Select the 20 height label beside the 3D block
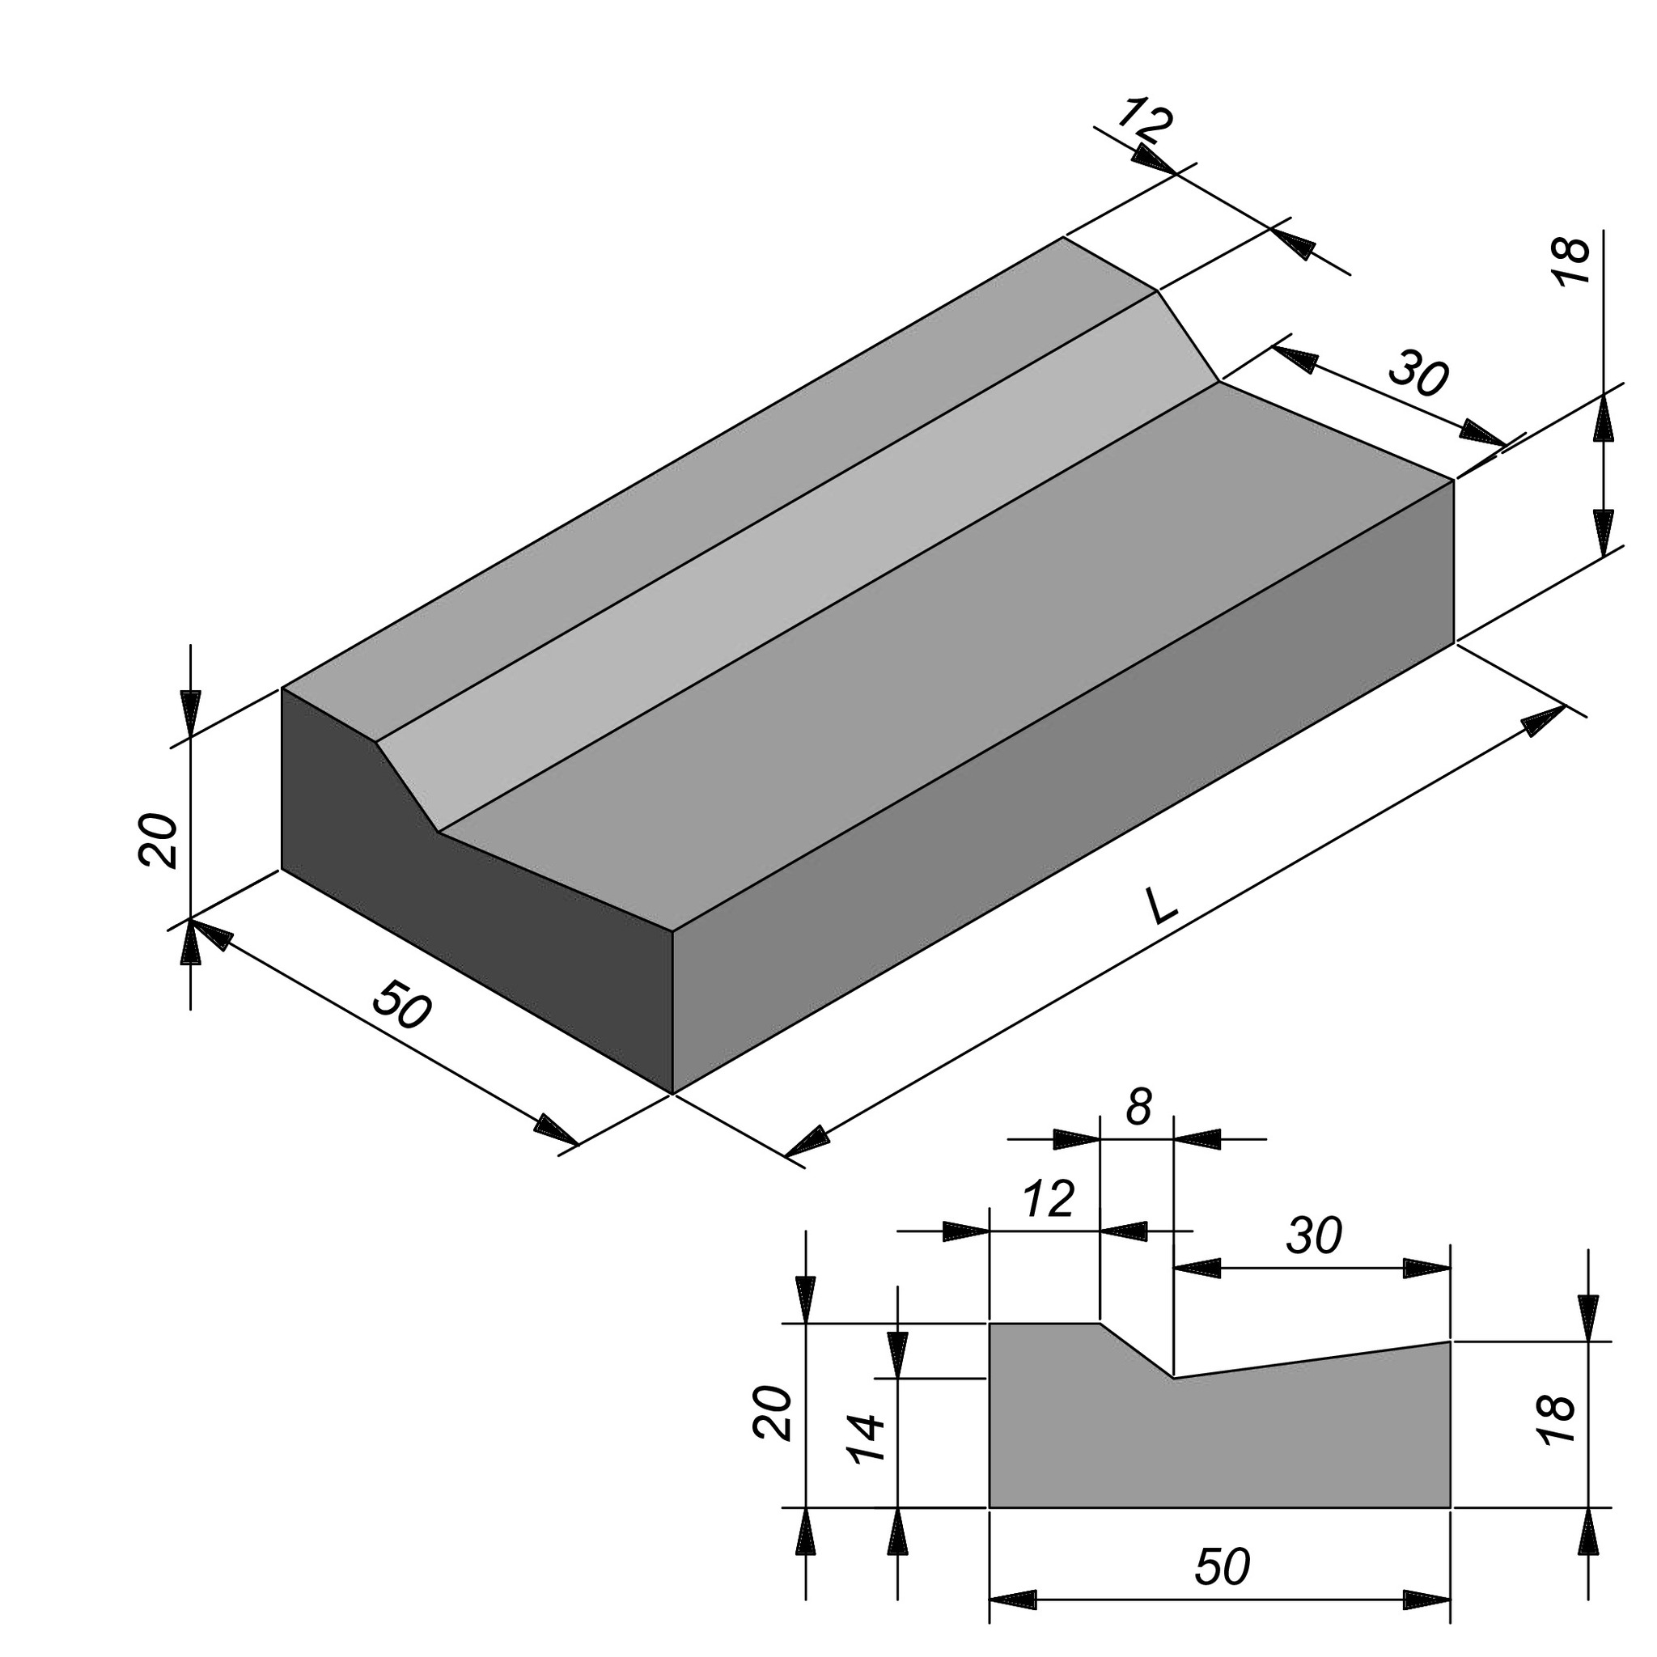158,841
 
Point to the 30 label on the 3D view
1418,375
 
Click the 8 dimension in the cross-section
1138,1108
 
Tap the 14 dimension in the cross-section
866,1439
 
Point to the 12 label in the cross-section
1048,1199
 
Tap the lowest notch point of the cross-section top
1173,1378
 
